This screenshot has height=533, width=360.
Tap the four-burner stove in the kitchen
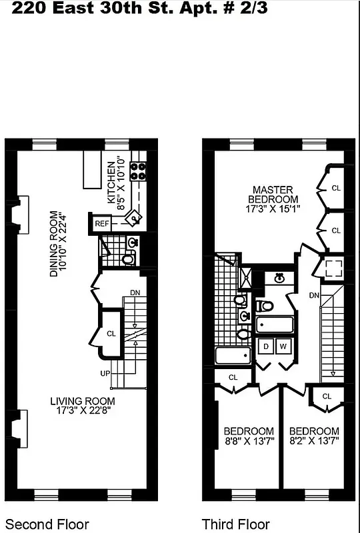click(x=139, y=171)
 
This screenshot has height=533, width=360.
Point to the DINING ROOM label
click(x=55, y=244)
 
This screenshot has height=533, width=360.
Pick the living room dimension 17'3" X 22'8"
click(x=83, y=411)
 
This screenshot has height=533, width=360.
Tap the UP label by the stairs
click(x=105, y=374)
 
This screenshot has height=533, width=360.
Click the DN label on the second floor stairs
click(x=135, y=292)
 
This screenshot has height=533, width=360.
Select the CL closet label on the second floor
click(x=110, y=333)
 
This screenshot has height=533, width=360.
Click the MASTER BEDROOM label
click(x=273, y=194)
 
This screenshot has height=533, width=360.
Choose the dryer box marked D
click(x=266, y=346)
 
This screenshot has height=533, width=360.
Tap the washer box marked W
click(x=283, y=346)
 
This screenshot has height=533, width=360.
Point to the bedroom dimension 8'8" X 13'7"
click(x=248, y=440)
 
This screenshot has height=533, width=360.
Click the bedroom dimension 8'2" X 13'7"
click(x=314, y=440)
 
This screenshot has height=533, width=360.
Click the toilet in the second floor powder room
click(x=128, y=259)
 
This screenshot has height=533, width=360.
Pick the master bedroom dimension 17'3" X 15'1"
click(x=273, y=209)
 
